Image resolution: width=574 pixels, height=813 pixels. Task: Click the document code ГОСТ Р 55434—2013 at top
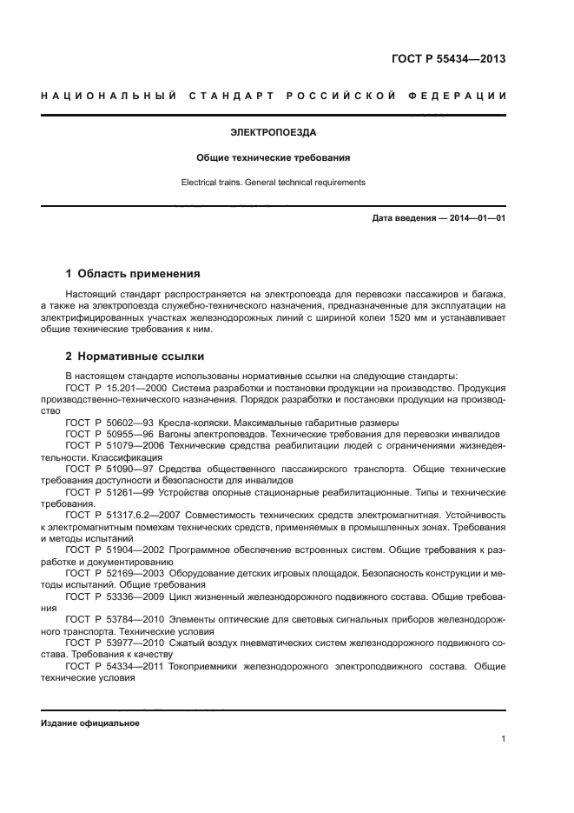(447, 59)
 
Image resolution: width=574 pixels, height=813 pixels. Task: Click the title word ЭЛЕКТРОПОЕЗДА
(274, 134)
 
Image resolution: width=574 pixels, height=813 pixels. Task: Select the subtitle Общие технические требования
(274, 159)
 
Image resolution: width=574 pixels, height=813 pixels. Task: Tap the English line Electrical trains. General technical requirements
(274, 183)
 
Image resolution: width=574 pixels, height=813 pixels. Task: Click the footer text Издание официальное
(90, 723)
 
